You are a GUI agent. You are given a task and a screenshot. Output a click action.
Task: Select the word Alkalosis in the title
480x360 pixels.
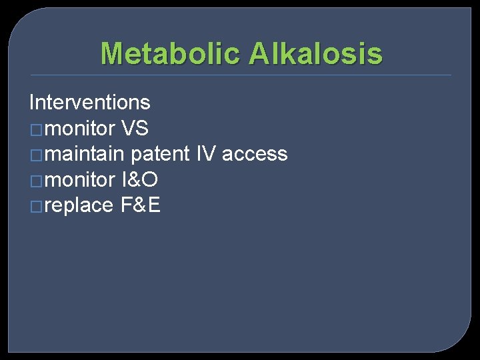[315, 53]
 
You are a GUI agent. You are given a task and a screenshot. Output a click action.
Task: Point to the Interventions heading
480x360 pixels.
[90, 103]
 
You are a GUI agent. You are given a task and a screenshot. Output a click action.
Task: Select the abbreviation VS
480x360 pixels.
[135, 129]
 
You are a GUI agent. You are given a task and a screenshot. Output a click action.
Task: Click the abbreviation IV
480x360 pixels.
[206, 155]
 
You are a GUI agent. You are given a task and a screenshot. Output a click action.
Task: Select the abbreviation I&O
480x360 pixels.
[139, 180]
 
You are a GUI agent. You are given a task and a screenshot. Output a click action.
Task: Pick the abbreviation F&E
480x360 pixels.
[141, 206]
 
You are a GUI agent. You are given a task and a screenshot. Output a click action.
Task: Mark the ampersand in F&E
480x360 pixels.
[141, 206]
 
